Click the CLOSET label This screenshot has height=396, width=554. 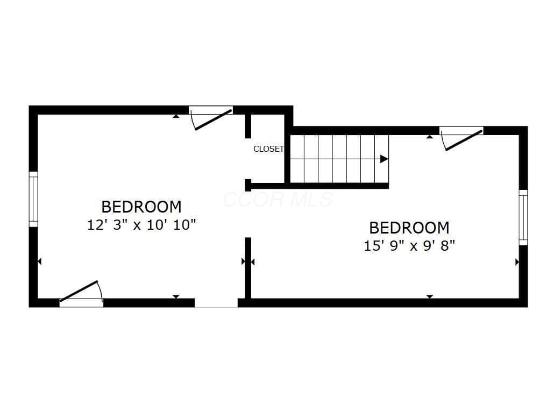coord(268,149)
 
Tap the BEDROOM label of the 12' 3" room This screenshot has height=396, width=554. coord(141,207)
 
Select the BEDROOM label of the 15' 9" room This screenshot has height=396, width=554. coord(409,228)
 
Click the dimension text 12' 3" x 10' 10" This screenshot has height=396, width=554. coord(141,225)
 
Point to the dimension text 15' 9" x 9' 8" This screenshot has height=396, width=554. coord(409,246)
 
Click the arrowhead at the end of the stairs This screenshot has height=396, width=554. coord(384,159)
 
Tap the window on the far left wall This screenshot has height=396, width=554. coord(33,199)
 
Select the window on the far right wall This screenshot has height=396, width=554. coord(523,217)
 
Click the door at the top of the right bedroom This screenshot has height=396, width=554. coord(461,138)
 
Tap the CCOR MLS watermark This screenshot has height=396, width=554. coord(278,200)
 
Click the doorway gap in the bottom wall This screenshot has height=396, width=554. coord(216,303)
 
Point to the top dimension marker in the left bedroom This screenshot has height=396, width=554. coord(176,116)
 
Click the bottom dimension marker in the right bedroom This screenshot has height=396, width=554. coord(430,296)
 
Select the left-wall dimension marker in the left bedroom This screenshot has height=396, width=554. coord(40,261)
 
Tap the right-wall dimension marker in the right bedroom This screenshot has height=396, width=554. coord(517,262)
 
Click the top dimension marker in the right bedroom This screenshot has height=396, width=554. coord(430,137)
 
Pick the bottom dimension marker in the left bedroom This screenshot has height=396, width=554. coord(176,296)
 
